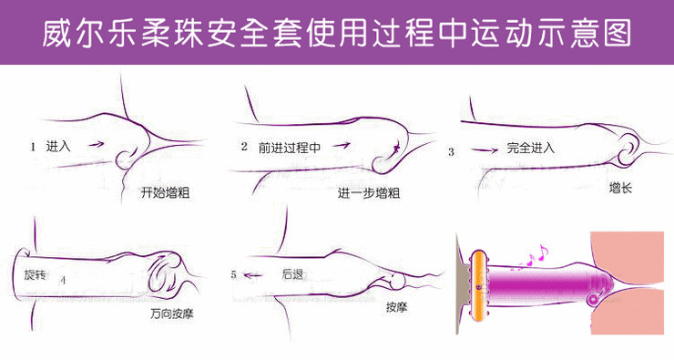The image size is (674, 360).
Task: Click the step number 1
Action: pyautogui.click(x=33, y=146)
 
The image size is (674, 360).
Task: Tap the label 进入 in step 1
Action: pyautogui.click(x=58, y=146)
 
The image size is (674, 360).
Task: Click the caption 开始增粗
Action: pyautogui.click(x=165, y=193)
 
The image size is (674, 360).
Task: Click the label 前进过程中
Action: pyautogui.click(x=290, y=146)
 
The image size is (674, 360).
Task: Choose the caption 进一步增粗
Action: pyautogui.click(x=369, y=193)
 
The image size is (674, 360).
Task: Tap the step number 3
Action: pyautogui.click(x=451, y=151)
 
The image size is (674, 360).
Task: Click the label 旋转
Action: pyautogui.click(x=36, y=273)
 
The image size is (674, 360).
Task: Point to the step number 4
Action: pyautogui.click(x=62, y=280)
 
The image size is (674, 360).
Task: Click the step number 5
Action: pyautogui.click(x=234, y=273)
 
